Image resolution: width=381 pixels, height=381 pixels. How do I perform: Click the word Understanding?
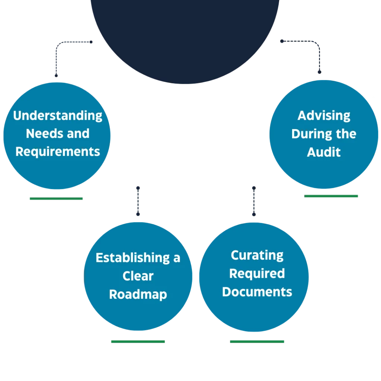[x=58, y=116]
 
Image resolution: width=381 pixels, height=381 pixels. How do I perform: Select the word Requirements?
[x=58, y=151]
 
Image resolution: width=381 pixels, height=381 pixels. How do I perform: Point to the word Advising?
[x=324, y=115]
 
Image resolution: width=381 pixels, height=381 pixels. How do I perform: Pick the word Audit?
[x=324, y=152]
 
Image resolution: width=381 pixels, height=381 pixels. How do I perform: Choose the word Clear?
[x=138, y=276]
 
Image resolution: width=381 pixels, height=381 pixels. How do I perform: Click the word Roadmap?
[x=138, y=294]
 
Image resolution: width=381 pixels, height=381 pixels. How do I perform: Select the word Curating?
[x=257, y=255]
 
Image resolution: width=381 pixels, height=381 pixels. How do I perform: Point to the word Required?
[x=257, y=273]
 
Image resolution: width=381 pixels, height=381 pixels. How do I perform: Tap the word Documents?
[x=257, y=292]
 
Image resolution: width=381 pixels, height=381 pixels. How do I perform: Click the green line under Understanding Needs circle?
[x=55, y=199]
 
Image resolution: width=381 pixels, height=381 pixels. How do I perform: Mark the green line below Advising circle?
[x=332, y=196]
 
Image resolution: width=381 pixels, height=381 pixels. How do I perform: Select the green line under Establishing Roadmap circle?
[x=138, y=342]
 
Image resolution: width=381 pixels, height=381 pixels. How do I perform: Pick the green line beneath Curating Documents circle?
[x=257, y=342]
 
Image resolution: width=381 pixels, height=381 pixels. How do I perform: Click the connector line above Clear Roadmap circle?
[x=138, y=201]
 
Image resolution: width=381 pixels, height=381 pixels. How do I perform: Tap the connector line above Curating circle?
[x=254, y=201]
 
